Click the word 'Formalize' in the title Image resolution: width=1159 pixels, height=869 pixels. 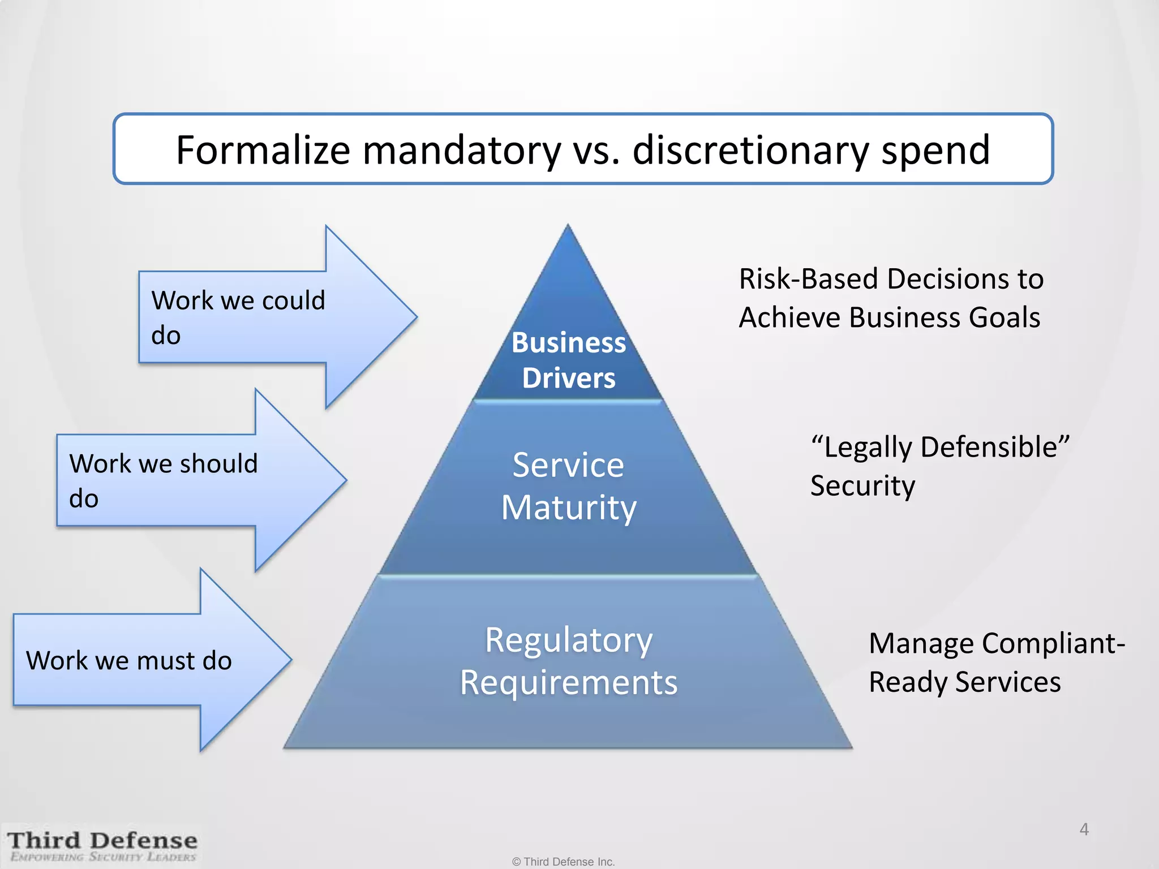tap(263, 150)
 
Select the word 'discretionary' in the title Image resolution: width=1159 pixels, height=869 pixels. tap(750, 150)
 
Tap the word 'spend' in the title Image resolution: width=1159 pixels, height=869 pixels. tap(935, 150)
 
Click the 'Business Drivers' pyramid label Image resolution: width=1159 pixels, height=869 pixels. tap(569, 360)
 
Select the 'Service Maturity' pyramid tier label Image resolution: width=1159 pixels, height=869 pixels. tap(569, 486)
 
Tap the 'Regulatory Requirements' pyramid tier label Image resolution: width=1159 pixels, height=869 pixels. tap(569, 661)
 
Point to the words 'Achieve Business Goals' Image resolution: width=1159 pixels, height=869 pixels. tap(889, 317)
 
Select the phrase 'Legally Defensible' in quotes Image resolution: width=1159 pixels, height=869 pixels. tap(940, 447)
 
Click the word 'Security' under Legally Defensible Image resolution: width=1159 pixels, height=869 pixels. tap(862, 486)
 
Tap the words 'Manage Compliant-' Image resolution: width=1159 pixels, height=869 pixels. tap(997, 643)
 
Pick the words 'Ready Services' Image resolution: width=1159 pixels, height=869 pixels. tap(964, 682)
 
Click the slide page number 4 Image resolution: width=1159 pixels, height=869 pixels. tap(1084, 829)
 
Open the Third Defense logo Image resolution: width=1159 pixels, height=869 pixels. tap(102, 846)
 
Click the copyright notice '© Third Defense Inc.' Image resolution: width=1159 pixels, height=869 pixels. tap(563, 862)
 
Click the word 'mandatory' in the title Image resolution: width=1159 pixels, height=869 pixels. tap(461, 150)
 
